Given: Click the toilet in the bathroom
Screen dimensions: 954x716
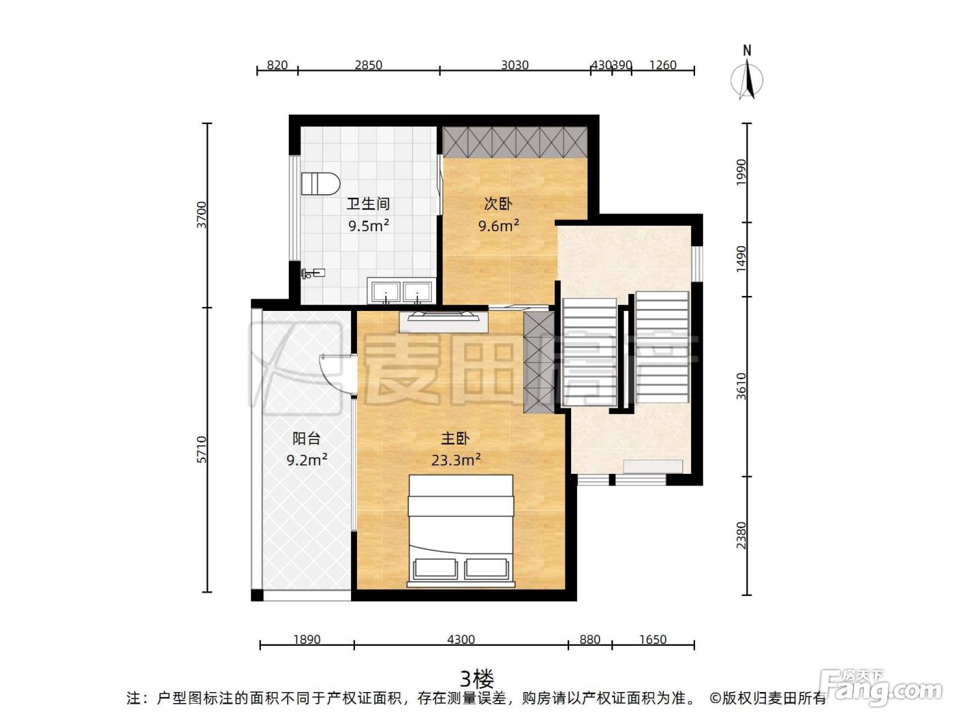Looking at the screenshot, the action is tap(320, 184).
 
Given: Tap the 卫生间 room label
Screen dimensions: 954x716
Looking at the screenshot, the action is tap(368, 203).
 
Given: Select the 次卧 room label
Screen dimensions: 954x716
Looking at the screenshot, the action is tap(498, 203).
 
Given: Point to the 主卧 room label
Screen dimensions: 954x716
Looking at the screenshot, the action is tap(455, 438).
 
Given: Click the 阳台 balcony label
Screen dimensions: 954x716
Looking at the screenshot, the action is tap(307, 438).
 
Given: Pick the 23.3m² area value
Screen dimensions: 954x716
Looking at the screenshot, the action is tap(456, 460).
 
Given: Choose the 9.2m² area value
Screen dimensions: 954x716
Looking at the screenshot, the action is tap(307, 460).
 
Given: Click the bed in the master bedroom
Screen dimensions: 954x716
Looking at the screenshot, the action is tap(461, 531).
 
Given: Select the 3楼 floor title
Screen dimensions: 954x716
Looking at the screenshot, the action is tap(477, 678).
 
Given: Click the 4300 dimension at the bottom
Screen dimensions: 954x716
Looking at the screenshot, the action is tap(461, 640).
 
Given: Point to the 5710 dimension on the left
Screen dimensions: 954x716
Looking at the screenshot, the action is tap(202, 449).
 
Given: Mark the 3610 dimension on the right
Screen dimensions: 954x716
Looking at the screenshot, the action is tap(741, 386).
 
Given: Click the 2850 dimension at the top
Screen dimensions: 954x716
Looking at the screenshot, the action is tap(368, 65).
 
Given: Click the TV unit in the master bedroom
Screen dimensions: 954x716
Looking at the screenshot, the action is tap(444, 321).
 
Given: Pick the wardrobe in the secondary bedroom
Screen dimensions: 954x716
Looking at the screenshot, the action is tap(515, 142).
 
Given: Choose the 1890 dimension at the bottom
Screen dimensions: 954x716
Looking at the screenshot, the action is tap(307, 640).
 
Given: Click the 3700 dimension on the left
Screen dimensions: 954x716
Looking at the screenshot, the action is tap(202, 215).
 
